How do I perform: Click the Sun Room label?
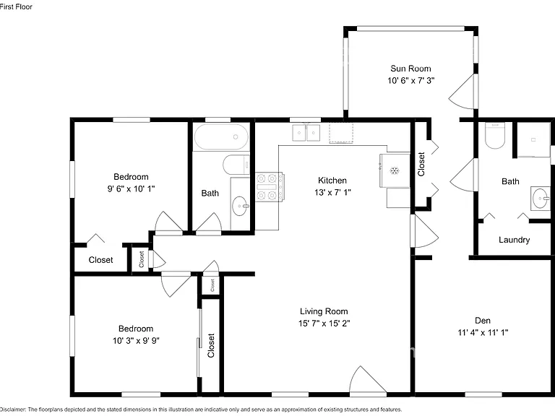pos(410,69)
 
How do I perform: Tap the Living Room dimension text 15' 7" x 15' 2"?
pos(324,324)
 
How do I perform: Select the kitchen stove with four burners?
pos(269,187)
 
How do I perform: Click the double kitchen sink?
pos(306,133)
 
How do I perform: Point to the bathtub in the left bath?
pos(222,137)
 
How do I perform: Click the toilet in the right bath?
pos(494,136)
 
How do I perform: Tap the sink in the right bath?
pos(541,199)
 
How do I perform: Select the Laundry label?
pos(514,240)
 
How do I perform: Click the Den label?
pos(483,321)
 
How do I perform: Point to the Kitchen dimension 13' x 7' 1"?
pos(332,192)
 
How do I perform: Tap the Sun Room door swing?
pos(462,91)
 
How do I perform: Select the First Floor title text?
pos(16,6)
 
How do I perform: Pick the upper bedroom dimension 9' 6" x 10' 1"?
pos(131,189)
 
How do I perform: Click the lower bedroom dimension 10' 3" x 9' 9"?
pos(136,341)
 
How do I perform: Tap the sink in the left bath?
pos(241,206)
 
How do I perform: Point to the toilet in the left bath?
pos(236,165)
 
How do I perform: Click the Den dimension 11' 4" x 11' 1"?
pos(483,332)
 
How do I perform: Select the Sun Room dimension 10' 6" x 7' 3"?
pos(410,81)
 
